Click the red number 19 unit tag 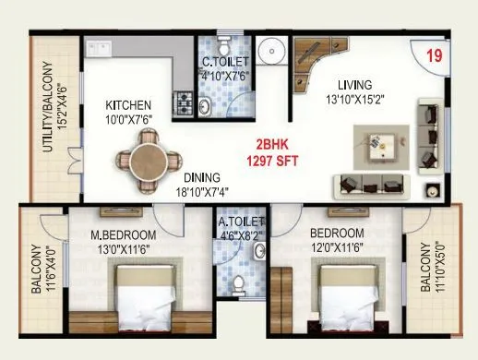pos(434,54)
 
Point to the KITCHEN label pos(128,104)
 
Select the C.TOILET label pos(224,63)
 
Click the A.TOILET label pos(241,222)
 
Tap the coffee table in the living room pos(377,145)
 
